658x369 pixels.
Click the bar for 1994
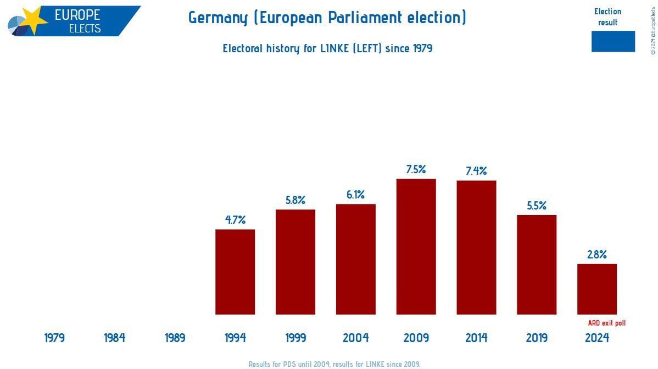click(x=235, y=272)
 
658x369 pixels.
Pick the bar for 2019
click(x=537, y=265)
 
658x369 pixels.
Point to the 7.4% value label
click(x=476, y=170)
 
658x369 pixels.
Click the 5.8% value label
click(x=295, y=200)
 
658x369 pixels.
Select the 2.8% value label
click(x=597, y=255)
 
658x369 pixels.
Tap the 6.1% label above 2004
click(x=356, y=195)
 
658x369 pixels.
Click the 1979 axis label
click(x=54, y=338)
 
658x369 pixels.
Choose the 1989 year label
click(x=175, y=338)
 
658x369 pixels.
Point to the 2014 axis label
click(x=476, y=338)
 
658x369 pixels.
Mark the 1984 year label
click(x=115, y=338)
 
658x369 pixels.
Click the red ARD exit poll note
click(x=606, y=323)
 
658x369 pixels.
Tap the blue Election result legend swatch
click(x=613, y=41)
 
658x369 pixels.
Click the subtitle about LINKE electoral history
click(x=327, y=48)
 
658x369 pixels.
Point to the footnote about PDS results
click(x=334, y=364)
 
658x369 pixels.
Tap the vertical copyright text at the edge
click(x=653, y=30)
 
